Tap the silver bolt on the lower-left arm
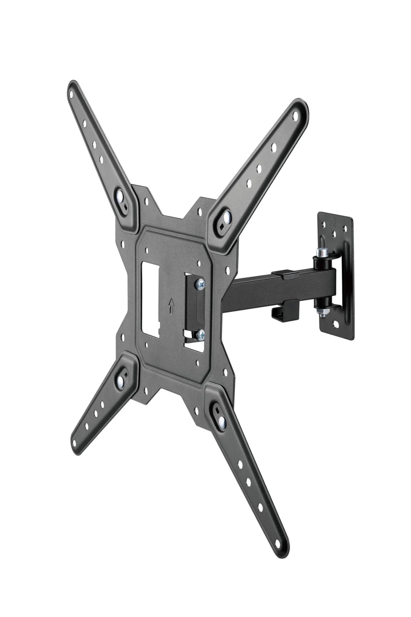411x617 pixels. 121,381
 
